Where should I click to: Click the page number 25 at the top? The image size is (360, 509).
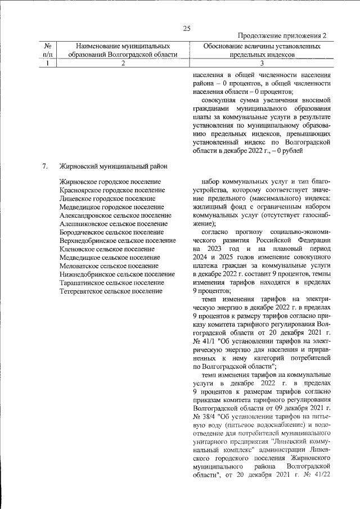(x=187, y=29)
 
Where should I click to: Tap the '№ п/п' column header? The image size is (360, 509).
(x=48, y=49)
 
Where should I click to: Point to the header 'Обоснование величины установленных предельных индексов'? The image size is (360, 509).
(x=262, y=49)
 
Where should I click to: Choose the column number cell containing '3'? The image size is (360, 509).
(x=262, y=64)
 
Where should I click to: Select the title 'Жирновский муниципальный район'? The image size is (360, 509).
(x=112, y=166)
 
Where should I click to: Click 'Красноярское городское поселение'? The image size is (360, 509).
(x=112, y=191)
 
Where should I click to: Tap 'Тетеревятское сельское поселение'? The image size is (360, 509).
(x=111, y=291)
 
